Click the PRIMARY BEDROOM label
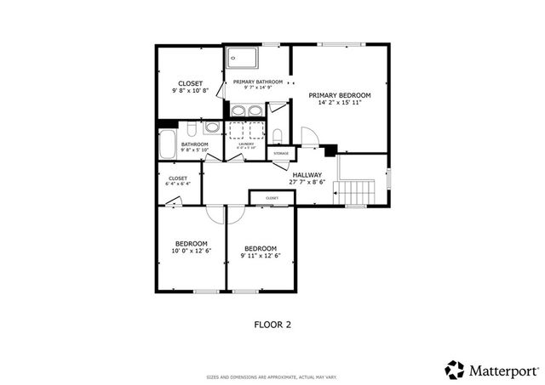[340, 95]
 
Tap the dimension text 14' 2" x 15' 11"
[340, 103]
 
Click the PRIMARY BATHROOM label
[257, 82]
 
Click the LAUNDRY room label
[247, 144]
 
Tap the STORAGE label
[280, 154]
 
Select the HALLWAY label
[307, 173]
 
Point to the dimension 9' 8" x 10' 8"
[190, 90]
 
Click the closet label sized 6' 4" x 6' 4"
[177, 178]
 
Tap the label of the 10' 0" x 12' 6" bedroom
[191, 242]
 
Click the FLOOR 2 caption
[272, 324]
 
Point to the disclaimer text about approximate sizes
[272, 377]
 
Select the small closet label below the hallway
[272, 198]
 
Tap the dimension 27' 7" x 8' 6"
[307, 181]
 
